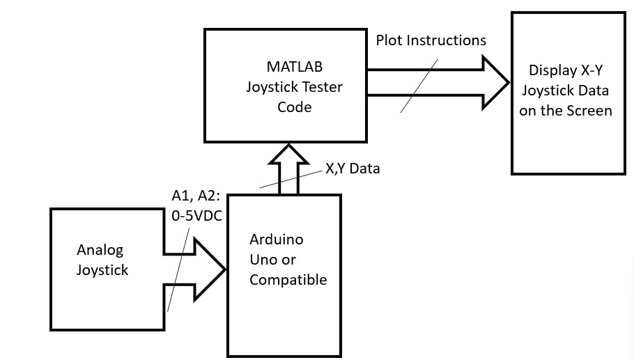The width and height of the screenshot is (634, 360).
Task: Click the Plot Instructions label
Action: (431, 40)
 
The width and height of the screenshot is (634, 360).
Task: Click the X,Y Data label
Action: (353, 169)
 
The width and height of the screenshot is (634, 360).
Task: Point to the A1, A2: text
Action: (196, 197)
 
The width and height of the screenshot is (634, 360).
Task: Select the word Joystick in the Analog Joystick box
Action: (102, 270)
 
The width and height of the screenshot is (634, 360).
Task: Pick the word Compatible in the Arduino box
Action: (288, 281)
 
